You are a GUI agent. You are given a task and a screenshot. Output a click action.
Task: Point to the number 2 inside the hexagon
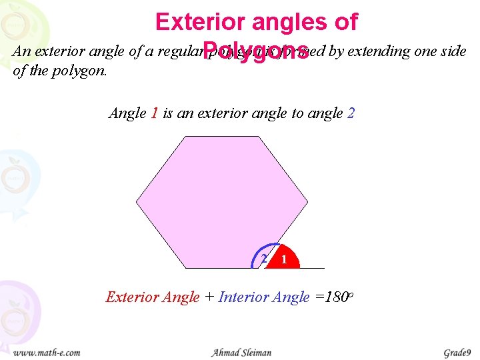264,258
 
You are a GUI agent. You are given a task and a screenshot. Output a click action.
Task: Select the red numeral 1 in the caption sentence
154,113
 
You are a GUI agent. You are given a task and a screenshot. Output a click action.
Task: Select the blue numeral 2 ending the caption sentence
351,113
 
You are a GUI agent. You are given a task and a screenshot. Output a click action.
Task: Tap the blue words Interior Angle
264,297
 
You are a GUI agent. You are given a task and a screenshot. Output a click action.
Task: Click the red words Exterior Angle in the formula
153,297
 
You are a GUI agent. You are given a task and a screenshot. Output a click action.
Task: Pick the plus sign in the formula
209,297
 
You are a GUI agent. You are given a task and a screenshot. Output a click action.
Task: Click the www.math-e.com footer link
47,352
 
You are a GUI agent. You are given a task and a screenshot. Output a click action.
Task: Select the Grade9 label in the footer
457,352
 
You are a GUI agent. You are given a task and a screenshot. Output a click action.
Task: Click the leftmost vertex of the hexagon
137,201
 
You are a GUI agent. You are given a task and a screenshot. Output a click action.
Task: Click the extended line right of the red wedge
313,268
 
